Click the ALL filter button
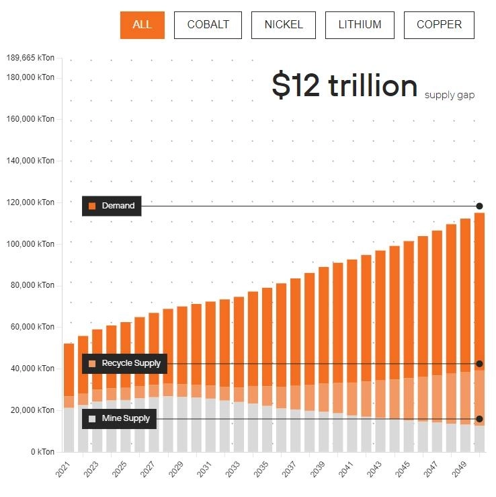(142, 25)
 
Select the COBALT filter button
(208, 25)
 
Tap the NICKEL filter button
(284, 25)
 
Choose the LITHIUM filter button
(360, 25)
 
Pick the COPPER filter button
(439, 25)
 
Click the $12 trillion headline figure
(345, 86)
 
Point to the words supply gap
(450, 95)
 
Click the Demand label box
(112, 206)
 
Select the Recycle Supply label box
(124, 363)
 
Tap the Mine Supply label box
(119, 419)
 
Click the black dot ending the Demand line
(480, 206)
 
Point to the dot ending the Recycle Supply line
(479, 364)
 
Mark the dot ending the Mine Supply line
(479, 419)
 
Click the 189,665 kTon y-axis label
(30, 58)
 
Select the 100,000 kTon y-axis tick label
(30, 244)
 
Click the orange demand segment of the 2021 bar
(69, 370)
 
